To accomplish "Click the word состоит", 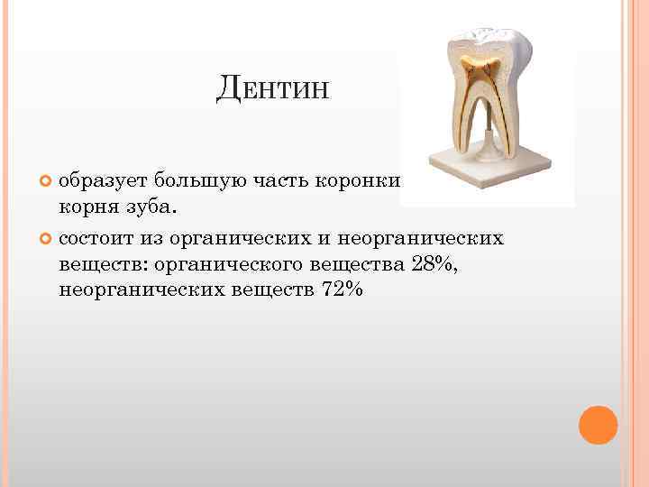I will [x=98, y=240].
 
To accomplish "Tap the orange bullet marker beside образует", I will [x=47, y=179].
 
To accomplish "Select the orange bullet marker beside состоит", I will [x=47, y=241].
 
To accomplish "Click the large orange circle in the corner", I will [x=598, y=425].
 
